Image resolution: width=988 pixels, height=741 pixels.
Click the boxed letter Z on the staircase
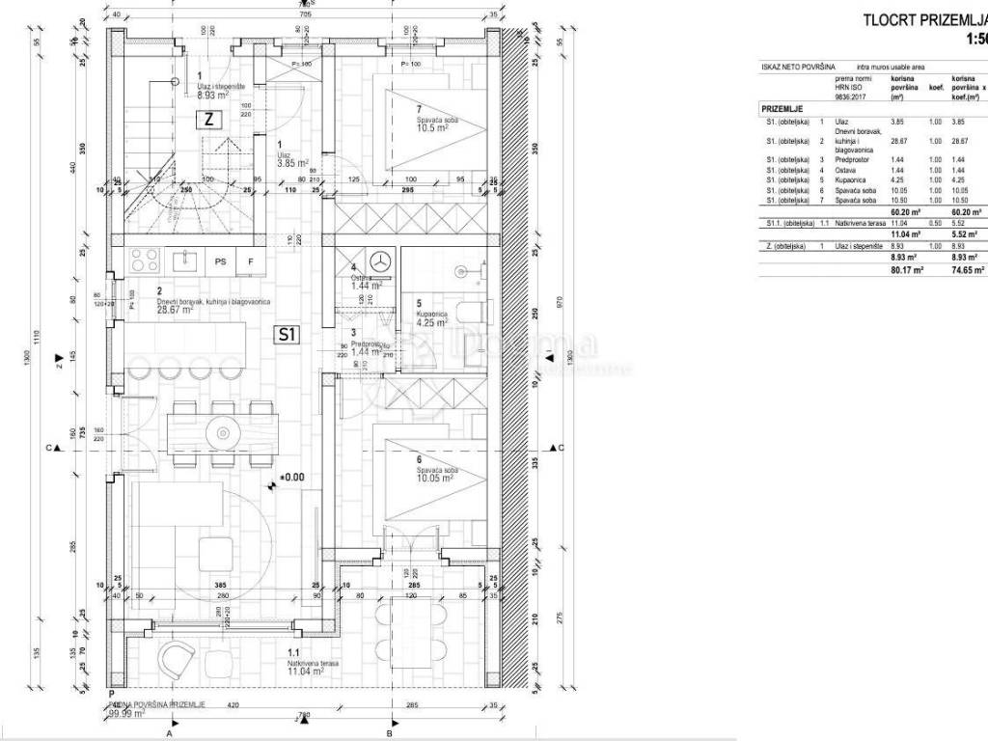click(208, 120)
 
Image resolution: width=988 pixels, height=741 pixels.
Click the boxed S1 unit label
click(286, 336)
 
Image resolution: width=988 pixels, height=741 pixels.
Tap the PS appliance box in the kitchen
click(221, 261)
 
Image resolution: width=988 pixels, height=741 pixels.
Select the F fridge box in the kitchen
click(251, 261)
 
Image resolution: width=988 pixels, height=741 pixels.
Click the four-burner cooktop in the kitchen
click(146, 261)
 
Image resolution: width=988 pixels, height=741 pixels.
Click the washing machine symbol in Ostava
click(381, 261)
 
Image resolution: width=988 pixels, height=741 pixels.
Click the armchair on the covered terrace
click(178, 660)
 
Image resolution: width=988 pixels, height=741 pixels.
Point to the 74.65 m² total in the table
click(966, 271)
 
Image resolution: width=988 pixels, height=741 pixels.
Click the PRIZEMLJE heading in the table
click(782, 110)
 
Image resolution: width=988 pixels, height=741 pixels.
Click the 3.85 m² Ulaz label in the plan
click(292, 164)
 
